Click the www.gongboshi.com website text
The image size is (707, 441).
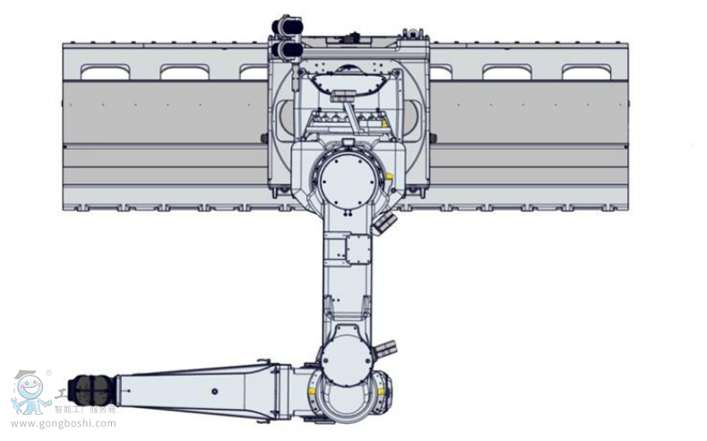tap(64, 423)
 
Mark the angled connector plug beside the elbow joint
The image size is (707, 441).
tap(386, 346)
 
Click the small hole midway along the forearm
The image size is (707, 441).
tap(214, 390)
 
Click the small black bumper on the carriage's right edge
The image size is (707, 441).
tap(433, 138)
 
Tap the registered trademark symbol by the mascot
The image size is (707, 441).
tap(49, 373)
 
